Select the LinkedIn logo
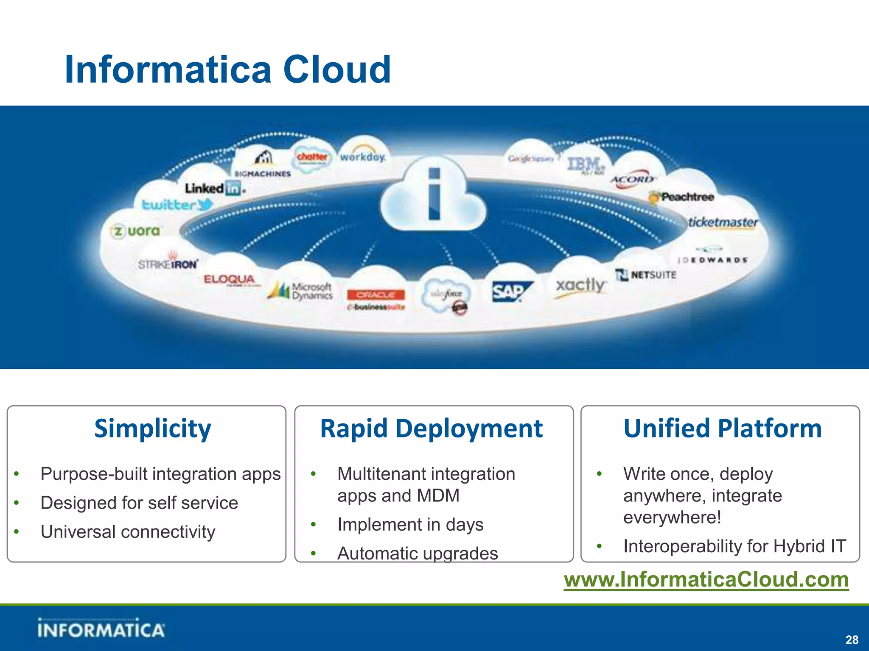214,188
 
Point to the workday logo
363,157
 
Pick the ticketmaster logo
723,223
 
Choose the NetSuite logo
646,275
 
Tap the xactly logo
580,285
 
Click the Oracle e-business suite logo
376,299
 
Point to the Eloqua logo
230,279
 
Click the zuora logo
136,231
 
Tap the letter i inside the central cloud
434,194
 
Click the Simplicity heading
153,428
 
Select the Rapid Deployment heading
431,428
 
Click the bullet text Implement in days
410,525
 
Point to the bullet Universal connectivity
128,532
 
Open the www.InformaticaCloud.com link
706,579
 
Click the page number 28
852,640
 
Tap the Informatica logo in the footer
101,629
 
